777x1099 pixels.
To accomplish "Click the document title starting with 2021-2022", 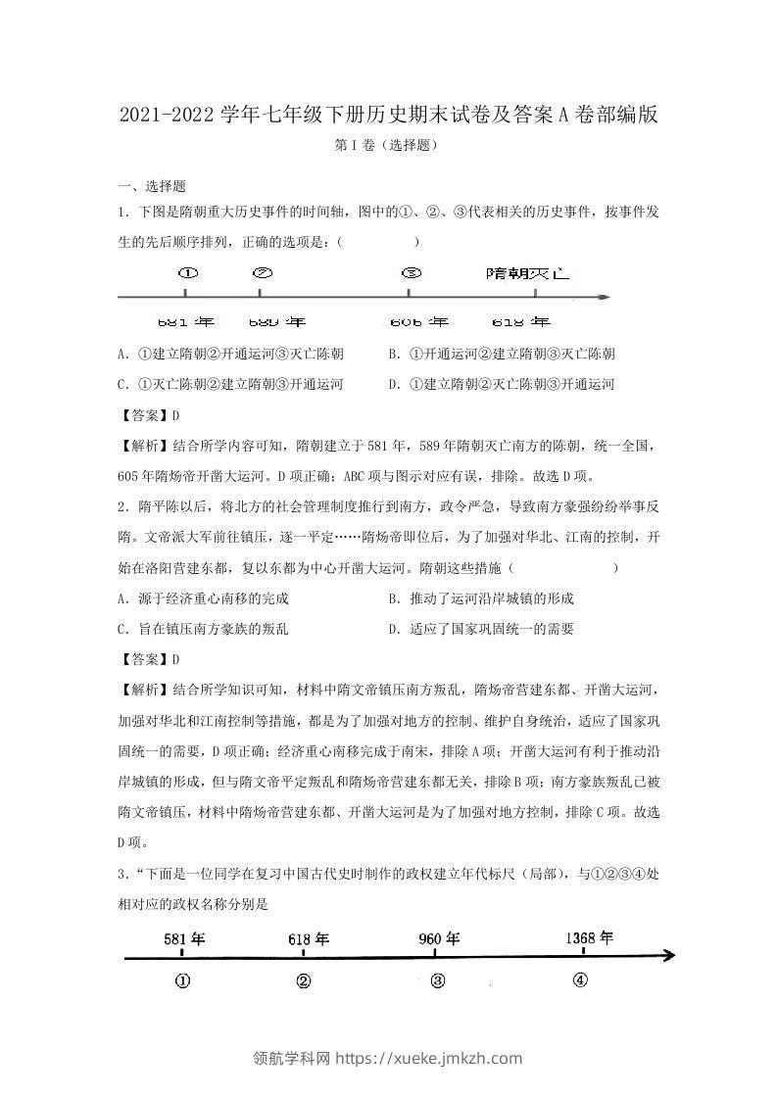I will point(388,115).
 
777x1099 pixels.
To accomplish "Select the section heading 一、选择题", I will point(152,186).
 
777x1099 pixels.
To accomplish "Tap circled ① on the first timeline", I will point(188,274).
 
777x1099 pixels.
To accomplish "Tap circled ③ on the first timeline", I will point(411,274).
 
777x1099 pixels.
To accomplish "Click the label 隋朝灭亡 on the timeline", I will point(527,274).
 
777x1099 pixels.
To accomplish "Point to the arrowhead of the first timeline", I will point(606,296).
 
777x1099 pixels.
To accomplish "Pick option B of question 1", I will point(501,354).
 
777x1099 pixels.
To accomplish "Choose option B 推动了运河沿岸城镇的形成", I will point(480,598).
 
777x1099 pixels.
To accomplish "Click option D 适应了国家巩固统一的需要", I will point(480,629).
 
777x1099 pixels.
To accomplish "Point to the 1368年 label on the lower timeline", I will point(589,937).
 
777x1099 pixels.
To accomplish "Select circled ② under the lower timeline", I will point(304,980).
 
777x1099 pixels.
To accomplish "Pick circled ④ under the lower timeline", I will point(580,980).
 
